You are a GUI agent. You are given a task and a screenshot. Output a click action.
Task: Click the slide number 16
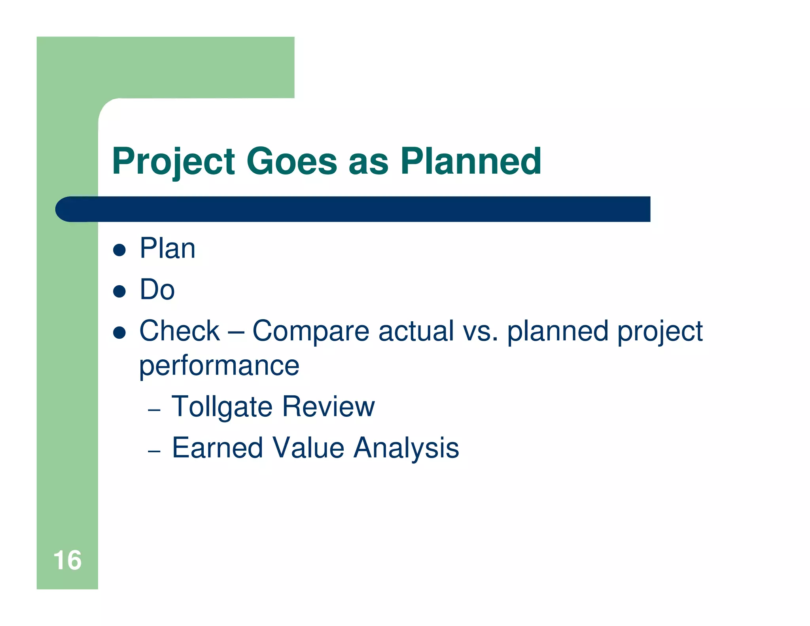coord(67,560)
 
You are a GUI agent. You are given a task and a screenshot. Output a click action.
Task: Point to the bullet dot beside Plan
coord(119,250)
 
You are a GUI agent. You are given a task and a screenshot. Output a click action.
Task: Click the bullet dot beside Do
coord(119,291)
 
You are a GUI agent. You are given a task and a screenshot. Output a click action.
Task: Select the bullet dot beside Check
coord(119,332)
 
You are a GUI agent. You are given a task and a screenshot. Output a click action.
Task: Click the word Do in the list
coord(157,290)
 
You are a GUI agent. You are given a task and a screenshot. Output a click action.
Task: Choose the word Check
coord(179,331)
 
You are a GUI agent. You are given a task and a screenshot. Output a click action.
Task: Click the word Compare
coord(310,332)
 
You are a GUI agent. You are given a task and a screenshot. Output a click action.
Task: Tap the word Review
coord(328,407)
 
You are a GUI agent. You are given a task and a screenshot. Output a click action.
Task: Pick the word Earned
coord(218,448)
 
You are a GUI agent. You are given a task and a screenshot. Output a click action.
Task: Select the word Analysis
coord(406,449)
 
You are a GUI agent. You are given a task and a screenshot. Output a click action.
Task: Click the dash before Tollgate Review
coord(154,410)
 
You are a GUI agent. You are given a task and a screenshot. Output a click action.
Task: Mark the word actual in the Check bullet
coord(416,332)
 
